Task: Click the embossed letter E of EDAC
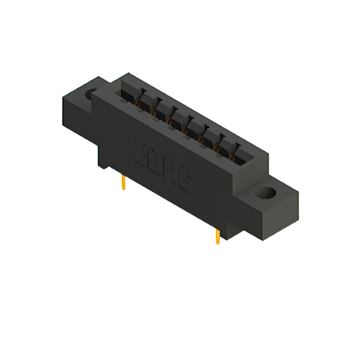coord(142,153)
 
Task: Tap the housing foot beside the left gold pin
coord(107,160)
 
